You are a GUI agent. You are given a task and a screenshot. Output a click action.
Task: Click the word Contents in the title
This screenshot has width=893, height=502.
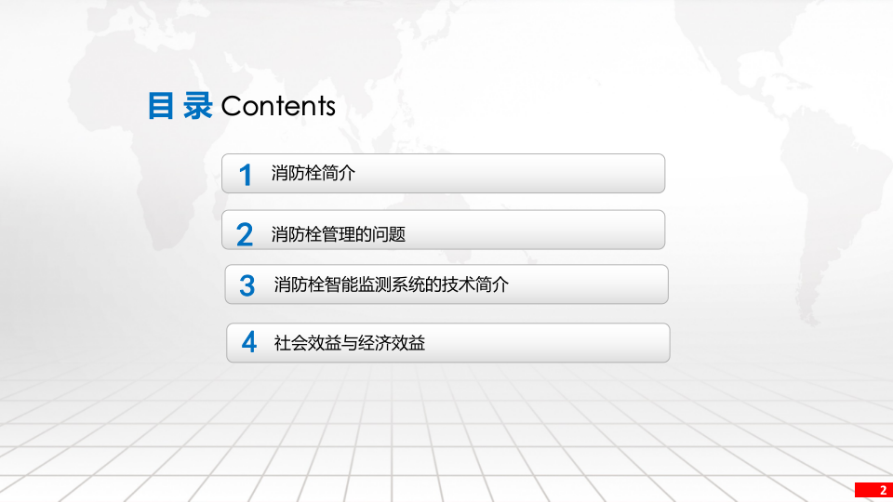tap(278, 106)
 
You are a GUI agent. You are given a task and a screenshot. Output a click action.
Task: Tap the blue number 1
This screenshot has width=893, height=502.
tap(246, 175)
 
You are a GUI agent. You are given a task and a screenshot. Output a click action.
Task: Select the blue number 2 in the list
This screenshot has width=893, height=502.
tap(245, 234)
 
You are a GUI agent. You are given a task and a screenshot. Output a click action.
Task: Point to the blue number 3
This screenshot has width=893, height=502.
tap(247, 285)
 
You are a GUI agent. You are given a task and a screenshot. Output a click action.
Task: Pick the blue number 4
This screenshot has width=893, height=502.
tap(248, 342)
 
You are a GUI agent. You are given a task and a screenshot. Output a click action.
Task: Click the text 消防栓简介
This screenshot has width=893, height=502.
tap(313, 173)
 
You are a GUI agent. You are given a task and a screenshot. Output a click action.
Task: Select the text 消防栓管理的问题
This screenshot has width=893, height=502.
tap(339, 234)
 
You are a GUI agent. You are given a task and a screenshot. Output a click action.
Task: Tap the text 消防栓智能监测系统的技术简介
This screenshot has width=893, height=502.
tap(392, 285)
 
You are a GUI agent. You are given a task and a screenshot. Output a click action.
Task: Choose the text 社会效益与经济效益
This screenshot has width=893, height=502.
tap(350, 343)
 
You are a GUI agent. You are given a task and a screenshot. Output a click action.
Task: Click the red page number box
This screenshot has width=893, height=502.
tap(873, 490)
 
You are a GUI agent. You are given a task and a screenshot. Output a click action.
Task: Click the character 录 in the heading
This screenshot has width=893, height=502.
tap(197, 106)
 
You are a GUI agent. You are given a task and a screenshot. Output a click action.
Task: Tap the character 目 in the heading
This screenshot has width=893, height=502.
tap(162, 106)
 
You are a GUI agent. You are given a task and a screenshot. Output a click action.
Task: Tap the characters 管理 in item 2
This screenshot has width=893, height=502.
tap(339, 234)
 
